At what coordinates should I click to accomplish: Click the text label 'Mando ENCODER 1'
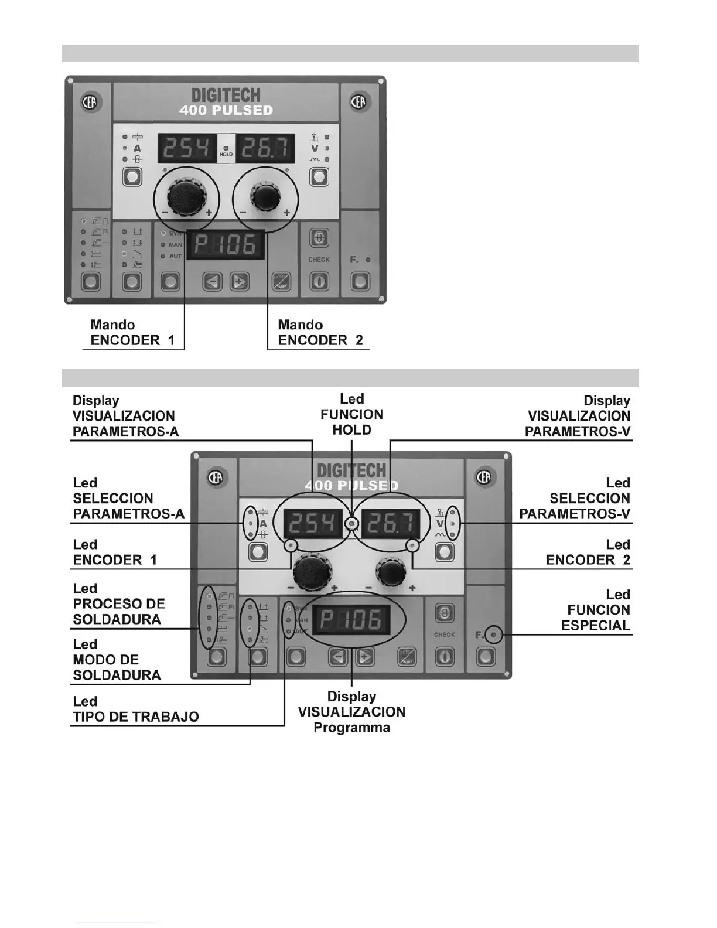132,333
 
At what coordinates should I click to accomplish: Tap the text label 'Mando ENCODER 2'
320,333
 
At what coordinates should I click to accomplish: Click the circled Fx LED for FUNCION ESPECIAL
494,634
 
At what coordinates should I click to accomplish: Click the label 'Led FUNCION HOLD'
351,414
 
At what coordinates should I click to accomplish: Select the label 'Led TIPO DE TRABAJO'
135,709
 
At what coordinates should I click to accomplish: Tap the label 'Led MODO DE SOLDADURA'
117,660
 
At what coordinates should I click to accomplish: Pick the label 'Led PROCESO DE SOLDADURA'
118,604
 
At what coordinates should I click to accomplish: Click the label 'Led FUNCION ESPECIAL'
595,610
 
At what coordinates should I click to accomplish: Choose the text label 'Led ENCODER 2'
588,552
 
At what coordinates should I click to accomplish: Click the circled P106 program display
351,619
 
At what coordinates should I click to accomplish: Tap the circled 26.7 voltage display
390,523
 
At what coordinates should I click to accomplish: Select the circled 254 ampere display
313,523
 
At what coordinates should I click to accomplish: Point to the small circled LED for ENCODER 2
412,546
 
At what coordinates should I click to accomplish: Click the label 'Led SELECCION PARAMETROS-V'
575,499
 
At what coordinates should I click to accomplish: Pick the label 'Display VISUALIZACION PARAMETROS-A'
125,416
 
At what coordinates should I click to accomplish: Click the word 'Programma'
351,728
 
